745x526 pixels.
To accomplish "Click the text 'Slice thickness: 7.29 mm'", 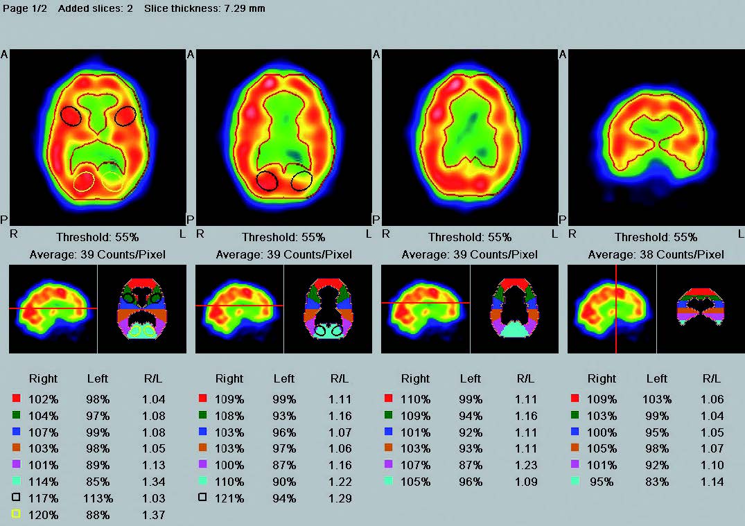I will pyautogui.click(x=204, y=8).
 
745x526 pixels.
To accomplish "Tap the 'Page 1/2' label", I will pyautogui.click(x=26, y=8).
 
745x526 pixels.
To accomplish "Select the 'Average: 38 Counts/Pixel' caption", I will pyautogui.click(x=656, y=254).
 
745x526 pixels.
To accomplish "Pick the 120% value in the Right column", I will pyautogui.click(x=43, y=515).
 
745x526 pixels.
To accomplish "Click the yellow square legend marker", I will pyautogui.click(x=17, y=515).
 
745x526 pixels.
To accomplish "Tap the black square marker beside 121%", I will pyautogui.click(x=202, y=498).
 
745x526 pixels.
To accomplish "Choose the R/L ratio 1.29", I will pyautogui.click(x=340, y=498).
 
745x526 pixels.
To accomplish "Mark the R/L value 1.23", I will pyautogui.click(x=526, y=465).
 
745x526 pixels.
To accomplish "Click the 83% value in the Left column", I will pyautogui.click(x=656, y=482).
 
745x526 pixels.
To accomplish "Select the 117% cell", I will pyautogui.click(x=43, y=498).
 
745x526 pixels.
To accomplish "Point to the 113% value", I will pyautogui.click(x=98, y=498).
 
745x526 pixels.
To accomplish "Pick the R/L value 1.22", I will pyautogui.click(x=340, y=482).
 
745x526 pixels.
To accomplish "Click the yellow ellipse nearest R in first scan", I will pyautogui.click(x=83, y=181).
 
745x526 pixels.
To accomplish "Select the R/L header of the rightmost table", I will pyautogui.click(x=712, y=378).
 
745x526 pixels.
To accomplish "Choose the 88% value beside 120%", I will pyautogui.click(x=98, y=515).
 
